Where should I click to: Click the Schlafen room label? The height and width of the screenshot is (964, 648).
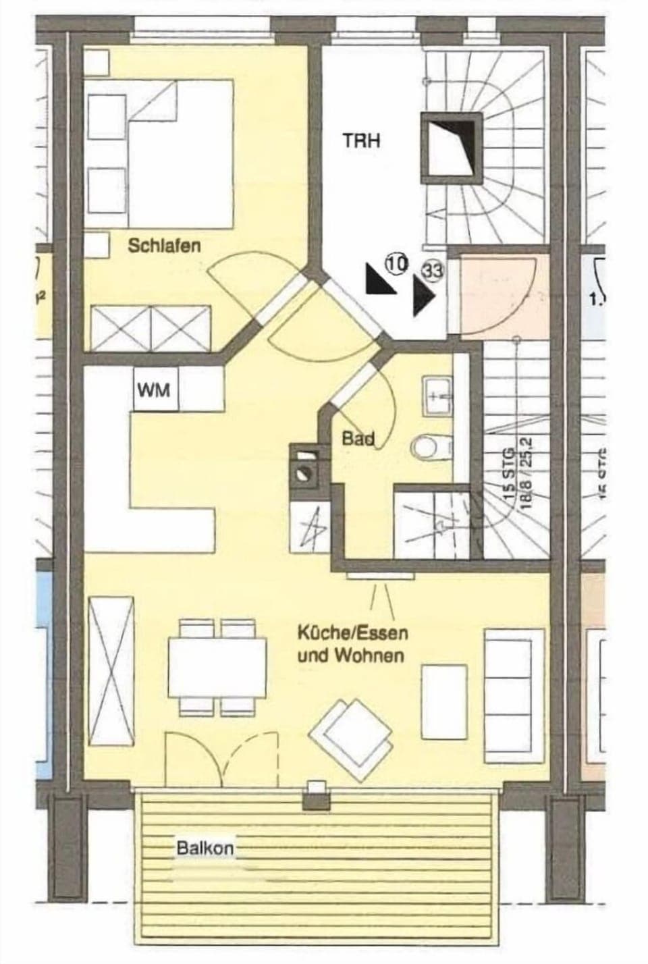[164, 245]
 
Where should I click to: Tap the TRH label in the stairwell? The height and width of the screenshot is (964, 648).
[361, 140]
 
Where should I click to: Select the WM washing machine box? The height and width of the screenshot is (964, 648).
[155, 390]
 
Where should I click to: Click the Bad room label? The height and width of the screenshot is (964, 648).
[358, 439]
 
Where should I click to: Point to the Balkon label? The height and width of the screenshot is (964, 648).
[205, 848]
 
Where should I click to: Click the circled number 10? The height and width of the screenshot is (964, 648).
[396, 263]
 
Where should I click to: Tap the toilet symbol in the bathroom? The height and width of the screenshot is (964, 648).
[426, 446]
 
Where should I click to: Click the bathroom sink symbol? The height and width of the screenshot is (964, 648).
[437, 397]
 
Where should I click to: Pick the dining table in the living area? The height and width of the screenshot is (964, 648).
[217, 668]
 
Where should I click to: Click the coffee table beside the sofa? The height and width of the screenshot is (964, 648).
[443, 701]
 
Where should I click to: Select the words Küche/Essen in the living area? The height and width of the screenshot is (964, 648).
[352, 634]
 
